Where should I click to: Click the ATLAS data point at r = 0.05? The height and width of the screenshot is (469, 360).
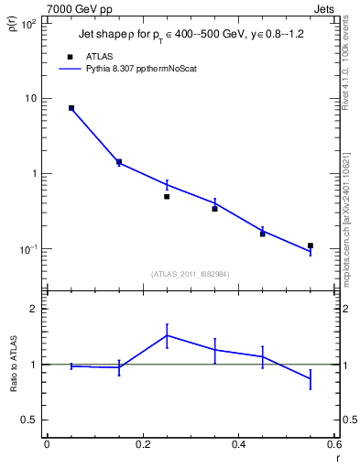pos(71,108)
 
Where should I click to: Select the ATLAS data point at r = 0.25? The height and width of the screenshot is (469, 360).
pos(167,196)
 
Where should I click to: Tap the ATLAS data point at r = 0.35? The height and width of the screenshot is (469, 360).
pos(214,209)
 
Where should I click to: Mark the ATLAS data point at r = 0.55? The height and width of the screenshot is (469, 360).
pos(311,245)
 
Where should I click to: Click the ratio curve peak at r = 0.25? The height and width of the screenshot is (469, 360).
pos(167,335)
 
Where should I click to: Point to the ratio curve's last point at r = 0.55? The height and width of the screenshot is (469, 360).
pos(311,378)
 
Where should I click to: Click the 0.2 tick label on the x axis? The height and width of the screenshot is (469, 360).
pos(142,444)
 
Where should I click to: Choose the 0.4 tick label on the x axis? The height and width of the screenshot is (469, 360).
pos(238,444)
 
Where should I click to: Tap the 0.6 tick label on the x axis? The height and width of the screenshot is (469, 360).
pos(333,444)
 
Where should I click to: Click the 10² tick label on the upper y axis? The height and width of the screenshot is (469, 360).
pos(28,24)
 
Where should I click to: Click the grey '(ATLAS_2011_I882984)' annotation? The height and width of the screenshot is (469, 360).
pos(190,273)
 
